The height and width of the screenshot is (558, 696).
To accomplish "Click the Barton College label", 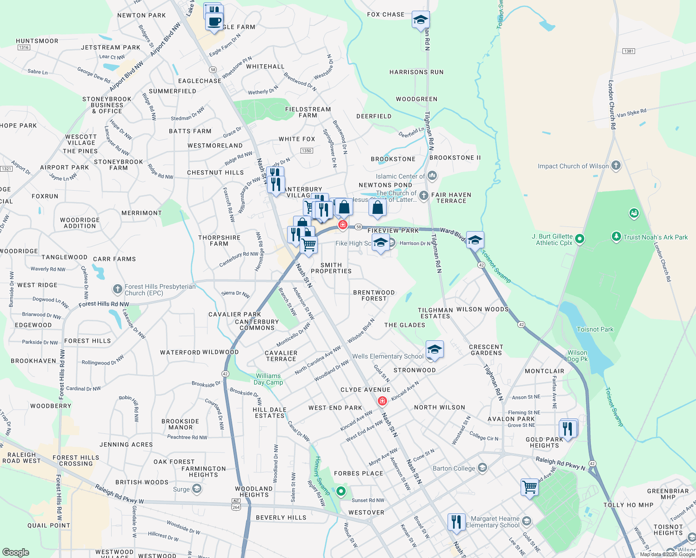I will [x=454, y=468].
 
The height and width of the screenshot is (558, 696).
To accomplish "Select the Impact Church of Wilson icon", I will [x=616, y=166].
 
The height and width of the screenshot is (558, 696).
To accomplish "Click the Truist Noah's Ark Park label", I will [x=655, y=237].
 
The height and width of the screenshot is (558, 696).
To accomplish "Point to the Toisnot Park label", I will [x=595, y=329].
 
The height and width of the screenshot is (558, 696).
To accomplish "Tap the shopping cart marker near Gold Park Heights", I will [x=529, y=488].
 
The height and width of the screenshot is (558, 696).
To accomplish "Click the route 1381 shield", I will [x=629, y=51].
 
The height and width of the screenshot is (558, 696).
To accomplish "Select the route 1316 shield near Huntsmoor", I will [x=24, y=47].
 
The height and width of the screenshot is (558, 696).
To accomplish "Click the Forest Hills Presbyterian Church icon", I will [x=118, y=289].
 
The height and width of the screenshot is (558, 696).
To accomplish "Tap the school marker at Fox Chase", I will [x=421, y=20].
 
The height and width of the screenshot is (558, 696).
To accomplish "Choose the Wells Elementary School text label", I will [x=388, y=356].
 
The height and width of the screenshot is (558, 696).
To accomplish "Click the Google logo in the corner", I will [x=15, y=552].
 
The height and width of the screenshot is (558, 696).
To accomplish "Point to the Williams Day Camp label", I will [x=268, y=379].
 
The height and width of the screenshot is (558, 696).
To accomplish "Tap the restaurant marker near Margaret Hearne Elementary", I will [x=456, y=522].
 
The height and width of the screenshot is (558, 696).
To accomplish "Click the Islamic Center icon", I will [x=432, y=176].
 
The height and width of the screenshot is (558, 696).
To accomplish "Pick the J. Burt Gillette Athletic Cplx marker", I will [x=579, y=239].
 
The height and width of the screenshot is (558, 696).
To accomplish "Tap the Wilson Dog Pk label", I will [x=577, y=356].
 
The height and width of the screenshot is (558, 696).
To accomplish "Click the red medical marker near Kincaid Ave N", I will [x=382, y=401].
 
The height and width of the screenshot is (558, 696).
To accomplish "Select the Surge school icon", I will [x=197, y=489].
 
